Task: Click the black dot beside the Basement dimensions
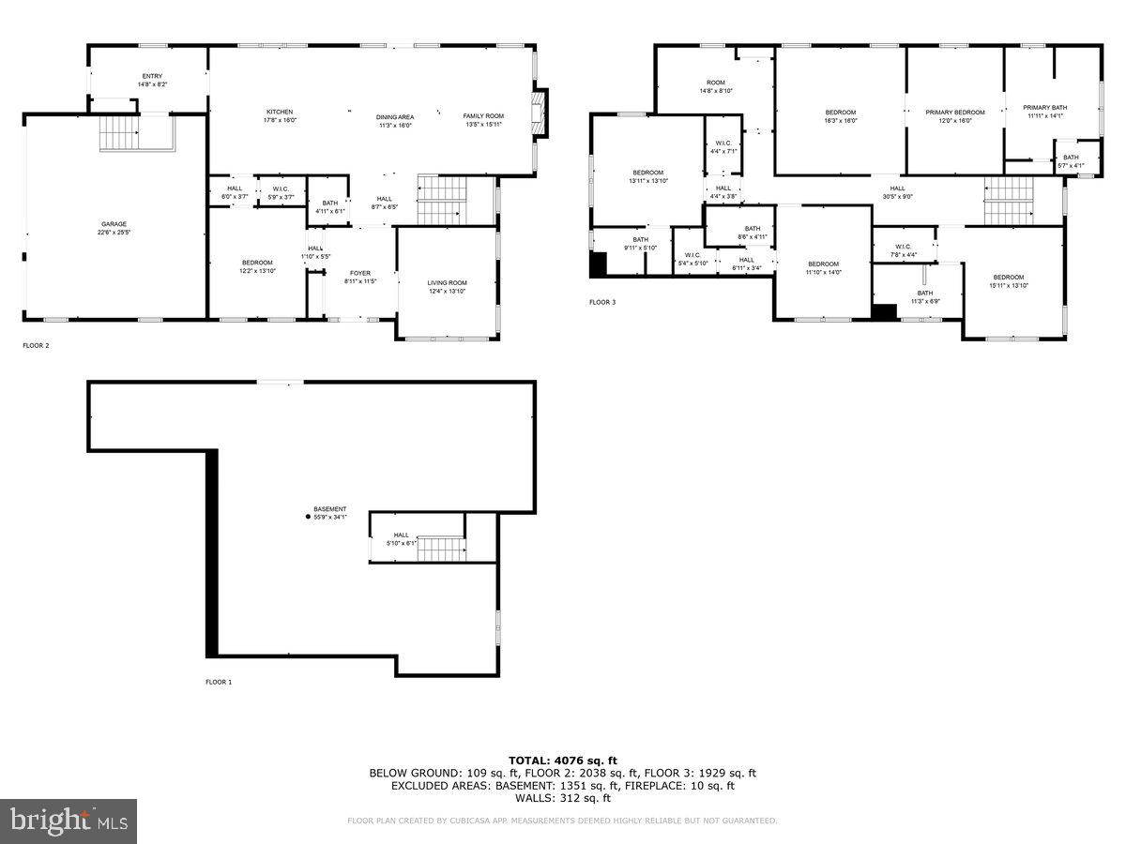(308, 516)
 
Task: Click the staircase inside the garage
(119, 133)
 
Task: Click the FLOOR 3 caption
(602, 302)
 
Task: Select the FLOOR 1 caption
(219, 682)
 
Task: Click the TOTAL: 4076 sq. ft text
(562, 761)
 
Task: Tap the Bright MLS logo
(68, 821)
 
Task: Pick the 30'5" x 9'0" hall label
(897, 192)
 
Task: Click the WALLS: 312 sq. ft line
(562, 798)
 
